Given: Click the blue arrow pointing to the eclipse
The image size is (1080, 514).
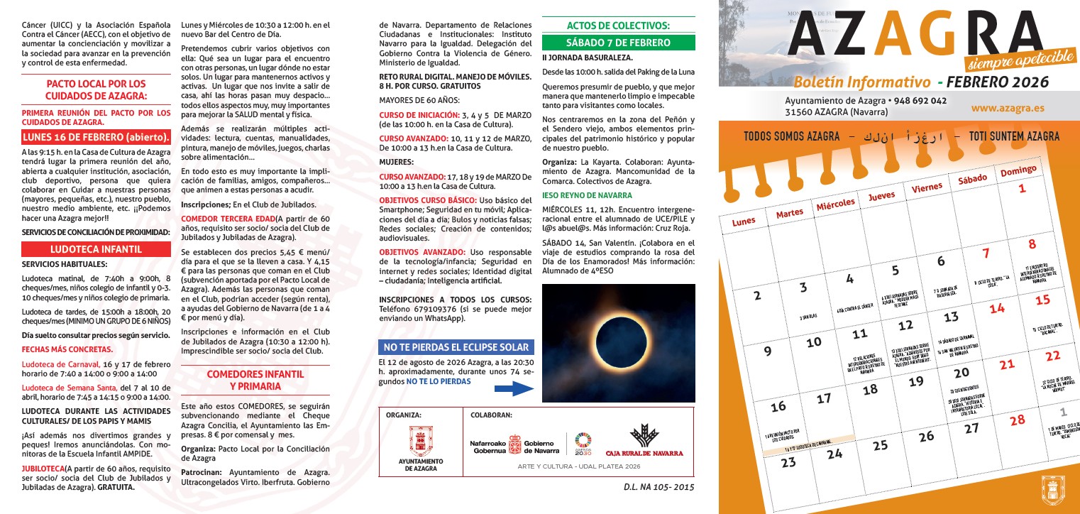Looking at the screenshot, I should coord(513,388).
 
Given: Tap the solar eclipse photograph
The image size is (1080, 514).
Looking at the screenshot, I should coord(617,344).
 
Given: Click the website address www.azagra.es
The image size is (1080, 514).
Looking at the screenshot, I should coord(1008,108).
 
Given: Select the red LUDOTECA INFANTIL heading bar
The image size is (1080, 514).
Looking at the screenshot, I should coord(96,249).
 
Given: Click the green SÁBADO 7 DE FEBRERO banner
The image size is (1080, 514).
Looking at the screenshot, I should coord(617,43).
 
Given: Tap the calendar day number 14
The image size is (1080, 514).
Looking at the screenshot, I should coord(997,308).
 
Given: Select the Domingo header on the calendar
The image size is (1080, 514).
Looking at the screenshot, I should coord(1018,171).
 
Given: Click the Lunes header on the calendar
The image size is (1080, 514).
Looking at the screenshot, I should coord(744,221).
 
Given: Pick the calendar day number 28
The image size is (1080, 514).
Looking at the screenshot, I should coord(1017,419).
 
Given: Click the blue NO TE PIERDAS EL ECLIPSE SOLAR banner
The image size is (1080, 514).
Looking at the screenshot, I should coord(456,347).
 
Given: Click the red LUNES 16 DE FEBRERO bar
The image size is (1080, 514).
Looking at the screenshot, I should coord(96,137).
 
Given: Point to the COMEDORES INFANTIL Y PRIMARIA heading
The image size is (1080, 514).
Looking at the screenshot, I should coord(255,380).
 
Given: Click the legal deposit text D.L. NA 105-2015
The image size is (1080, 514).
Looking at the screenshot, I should coord(659,487).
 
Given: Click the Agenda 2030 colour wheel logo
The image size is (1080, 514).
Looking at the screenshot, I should coord(583,440).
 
